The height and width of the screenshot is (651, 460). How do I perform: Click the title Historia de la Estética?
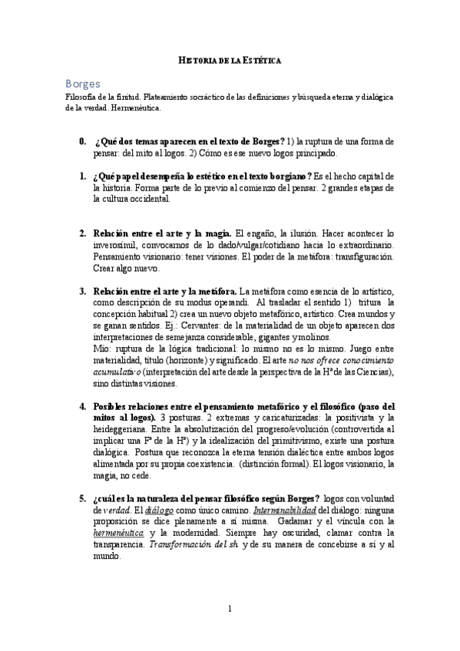[x=230, y=59]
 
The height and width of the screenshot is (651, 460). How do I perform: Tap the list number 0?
[x=82, y=142]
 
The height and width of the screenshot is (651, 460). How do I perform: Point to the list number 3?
[x=82, y=292]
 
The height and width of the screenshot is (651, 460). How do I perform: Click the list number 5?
[x=82, y=497]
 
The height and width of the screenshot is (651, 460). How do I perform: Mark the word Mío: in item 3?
[x=103, y=346]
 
